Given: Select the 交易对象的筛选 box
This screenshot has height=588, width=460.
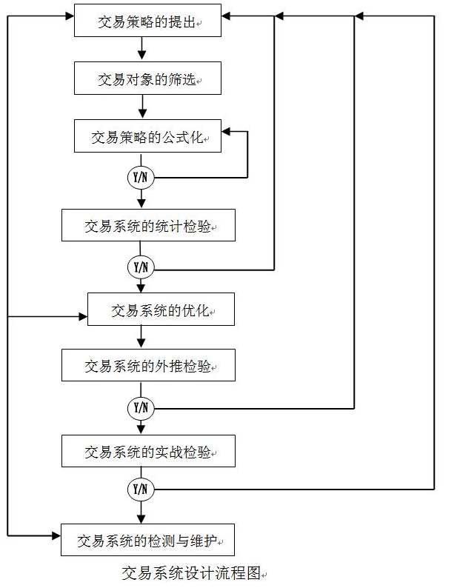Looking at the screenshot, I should coord(147,78).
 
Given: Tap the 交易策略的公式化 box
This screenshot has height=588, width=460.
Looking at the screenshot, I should coord(147,137).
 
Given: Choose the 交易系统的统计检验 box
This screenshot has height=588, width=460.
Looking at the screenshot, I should coord(148,225).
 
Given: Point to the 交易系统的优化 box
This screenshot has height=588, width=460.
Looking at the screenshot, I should coord(161,310).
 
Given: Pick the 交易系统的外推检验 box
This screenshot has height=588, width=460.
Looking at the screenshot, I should coord(148,366).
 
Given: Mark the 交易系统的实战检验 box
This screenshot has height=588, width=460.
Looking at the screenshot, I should coord(148,451).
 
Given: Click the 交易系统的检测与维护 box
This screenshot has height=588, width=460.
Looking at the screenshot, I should coord(147,540).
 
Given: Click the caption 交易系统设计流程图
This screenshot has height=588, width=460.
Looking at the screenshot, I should coord(192,572).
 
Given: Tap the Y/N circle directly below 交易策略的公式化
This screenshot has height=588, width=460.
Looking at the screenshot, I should coord(141,178).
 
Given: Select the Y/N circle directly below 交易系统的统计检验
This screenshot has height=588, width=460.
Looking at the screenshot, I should coord(141,267).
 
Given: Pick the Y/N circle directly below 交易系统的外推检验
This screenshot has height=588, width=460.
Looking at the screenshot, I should coord(141,407).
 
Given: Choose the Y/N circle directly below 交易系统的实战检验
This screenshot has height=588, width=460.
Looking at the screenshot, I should coord(141,490).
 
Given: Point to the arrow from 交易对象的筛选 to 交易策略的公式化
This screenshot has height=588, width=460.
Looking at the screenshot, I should coord(141,107).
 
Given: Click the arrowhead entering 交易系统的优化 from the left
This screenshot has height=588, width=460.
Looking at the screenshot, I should coord(82,317).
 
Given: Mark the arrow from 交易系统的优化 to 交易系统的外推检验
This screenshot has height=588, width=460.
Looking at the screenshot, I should coord(141,338).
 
